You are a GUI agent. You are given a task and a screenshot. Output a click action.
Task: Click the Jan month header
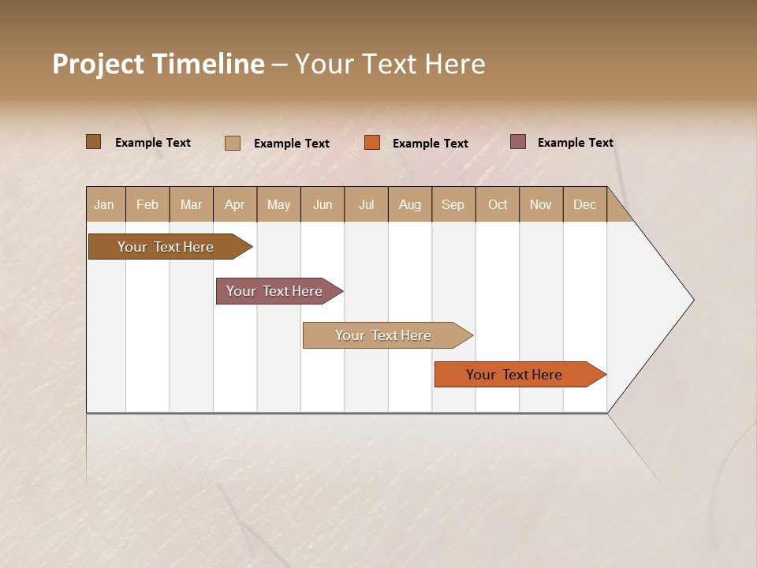tap(104, 204)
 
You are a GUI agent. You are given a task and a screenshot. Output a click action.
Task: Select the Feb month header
tap(147, 204)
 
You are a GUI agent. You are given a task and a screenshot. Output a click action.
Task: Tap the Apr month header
tap(234, 204)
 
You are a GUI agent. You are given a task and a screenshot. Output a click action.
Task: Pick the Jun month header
tap(323, 204)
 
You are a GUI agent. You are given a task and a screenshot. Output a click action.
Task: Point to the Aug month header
tap(410, 204)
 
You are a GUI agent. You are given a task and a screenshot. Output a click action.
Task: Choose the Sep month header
tap(453, 204)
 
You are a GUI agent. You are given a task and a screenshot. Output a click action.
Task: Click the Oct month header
tap(498, 204)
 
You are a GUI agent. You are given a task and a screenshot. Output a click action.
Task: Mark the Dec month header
tap(584, 204)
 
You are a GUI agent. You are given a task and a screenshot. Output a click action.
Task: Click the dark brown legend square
tap(93, 142)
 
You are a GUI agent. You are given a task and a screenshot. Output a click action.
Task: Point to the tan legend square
tap(233, 143)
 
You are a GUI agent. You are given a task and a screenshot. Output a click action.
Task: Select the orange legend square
tap(372, 143)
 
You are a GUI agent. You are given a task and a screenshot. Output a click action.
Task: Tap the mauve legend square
tap(517, 142)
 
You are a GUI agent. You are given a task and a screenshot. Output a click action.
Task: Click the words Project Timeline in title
tap(158, 64)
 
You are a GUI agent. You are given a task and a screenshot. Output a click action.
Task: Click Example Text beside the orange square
tap(431, 144)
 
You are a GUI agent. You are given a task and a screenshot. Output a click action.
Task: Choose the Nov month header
tap(541, 204)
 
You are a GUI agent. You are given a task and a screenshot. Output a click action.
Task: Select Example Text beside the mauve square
tap(576, 143)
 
